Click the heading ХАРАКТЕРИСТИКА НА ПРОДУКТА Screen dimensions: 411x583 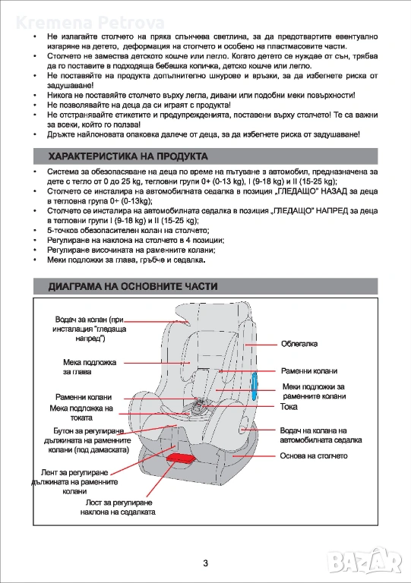coord(128,156)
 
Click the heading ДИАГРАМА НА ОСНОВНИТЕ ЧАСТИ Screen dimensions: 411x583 coord(133,286)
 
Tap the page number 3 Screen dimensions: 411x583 coord(206,563)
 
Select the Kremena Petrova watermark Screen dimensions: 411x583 coord(90,23)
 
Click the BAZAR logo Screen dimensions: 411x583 coord(365,562)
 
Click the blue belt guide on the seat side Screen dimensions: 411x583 coord(254,386)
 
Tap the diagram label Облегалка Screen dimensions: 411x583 coord(299,344)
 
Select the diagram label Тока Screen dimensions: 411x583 coord(289,407)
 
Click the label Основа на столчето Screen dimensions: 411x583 coord(314,455)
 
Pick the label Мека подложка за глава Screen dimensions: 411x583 coord(90,367)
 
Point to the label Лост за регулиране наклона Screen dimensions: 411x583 coord(119,507)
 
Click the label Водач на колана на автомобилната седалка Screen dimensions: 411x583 coord(321,435)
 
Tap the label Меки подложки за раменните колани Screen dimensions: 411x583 coord(314,392)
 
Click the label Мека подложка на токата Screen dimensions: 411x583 coord(81,413)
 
